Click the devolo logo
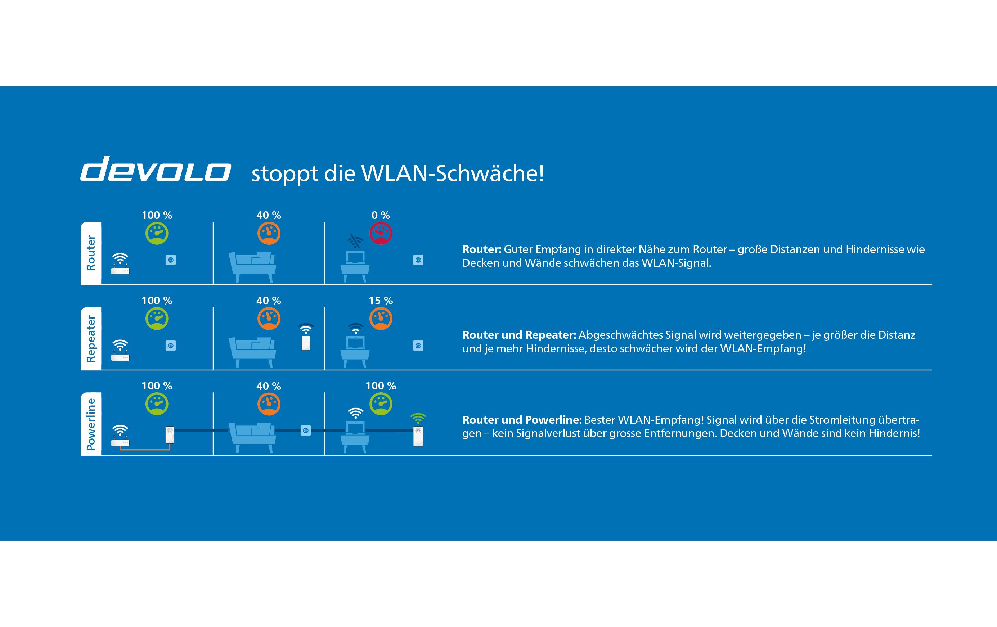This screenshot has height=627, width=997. point(156,168)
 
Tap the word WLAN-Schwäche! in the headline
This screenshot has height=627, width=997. point(453,173)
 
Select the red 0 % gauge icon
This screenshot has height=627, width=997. point(381,234)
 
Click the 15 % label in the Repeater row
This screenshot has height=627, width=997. point(381,301)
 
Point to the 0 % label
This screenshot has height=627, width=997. point(381,215)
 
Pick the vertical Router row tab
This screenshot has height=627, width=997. point(91,253)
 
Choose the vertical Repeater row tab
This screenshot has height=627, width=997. point(91,339)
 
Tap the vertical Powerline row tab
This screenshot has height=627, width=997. point(91,424)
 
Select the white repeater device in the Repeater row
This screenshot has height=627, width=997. point(306,343)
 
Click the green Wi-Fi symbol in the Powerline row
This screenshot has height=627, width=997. point(418,418)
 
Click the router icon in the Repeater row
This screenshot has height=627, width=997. point(120,350)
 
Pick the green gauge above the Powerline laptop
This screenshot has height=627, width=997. point(381,404)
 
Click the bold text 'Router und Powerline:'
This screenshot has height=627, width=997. point(522,420)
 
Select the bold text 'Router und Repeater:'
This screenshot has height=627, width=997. point(519,335)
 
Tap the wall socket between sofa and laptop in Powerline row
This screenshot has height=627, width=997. point(306,431)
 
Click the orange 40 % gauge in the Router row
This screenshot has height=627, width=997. point(269,234)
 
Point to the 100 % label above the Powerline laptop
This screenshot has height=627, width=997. point(381,386)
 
